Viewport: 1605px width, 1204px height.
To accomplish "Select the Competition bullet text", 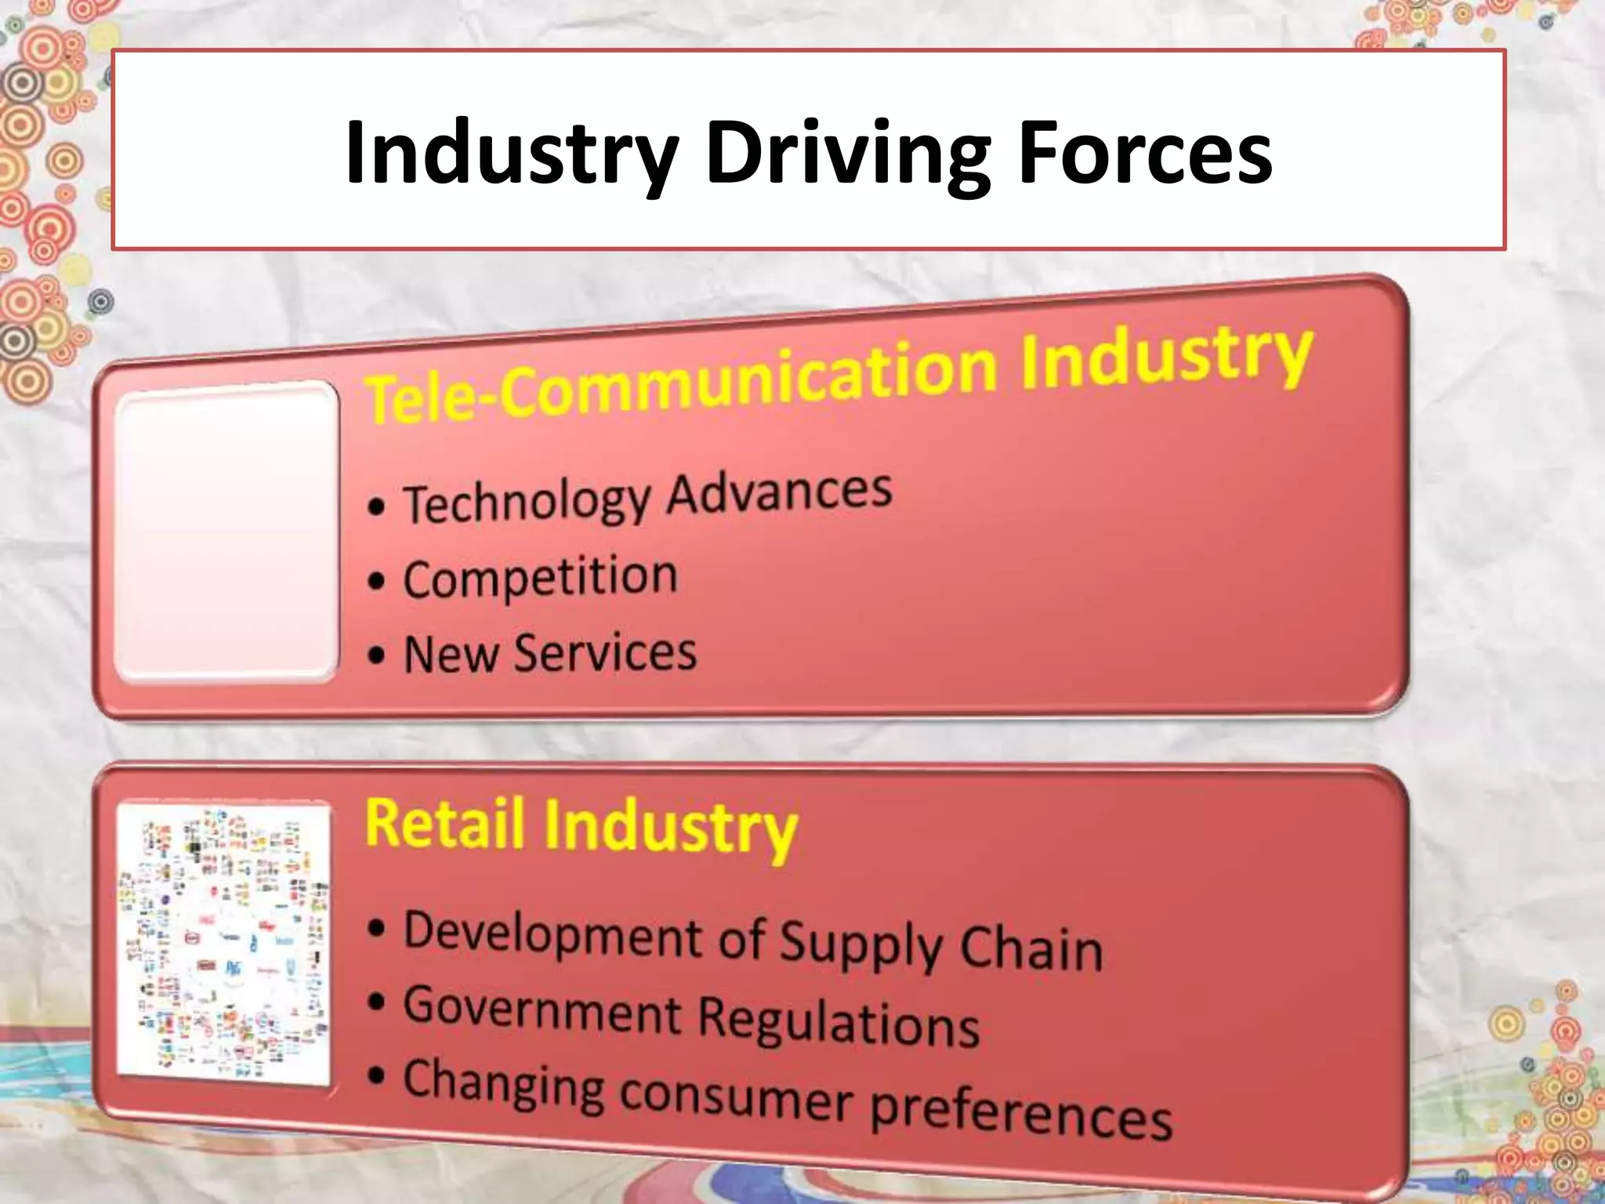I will click(x=540, y=578).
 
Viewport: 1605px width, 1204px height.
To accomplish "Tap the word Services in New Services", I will click(x=604, y=653).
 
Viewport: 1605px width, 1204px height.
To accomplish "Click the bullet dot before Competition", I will click(x=377, y=582).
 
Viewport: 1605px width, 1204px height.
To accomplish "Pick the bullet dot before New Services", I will click(x=377, y=655).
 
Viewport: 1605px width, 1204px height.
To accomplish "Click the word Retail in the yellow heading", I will click(x=444, y=823).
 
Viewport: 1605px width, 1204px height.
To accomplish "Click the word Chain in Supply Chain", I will click(x=1031, y=948).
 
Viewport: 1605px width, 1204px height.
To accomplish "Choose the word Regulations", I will click(x=839, y=1022).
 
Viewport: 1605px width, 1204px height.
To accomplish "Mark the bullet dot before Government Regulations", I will click(x=378, y=1002).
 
